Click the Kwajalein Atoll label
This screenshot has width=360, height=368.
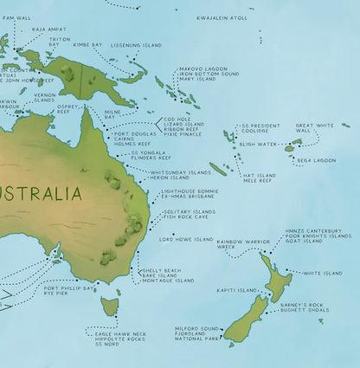[x=222, y=16]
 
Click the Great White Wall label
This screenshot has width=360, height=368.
[x=313, y=127]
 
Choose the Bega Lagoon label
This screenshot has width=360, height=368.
[x=316, y=159]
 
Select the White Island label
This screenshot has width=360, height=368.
[x=323, y=273]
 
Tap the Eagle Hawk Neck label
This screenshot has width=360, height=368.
[x=120, y=333]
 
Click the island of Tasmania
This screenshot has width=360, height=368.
[x=109, y=306]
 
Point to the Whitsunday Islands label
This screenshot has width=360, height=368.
[x=181, y=171]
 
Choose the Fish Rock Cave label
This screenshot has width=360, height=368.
[x=190, y=217]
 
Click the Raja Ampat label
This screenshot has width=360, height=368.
[x=48, y=29]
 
